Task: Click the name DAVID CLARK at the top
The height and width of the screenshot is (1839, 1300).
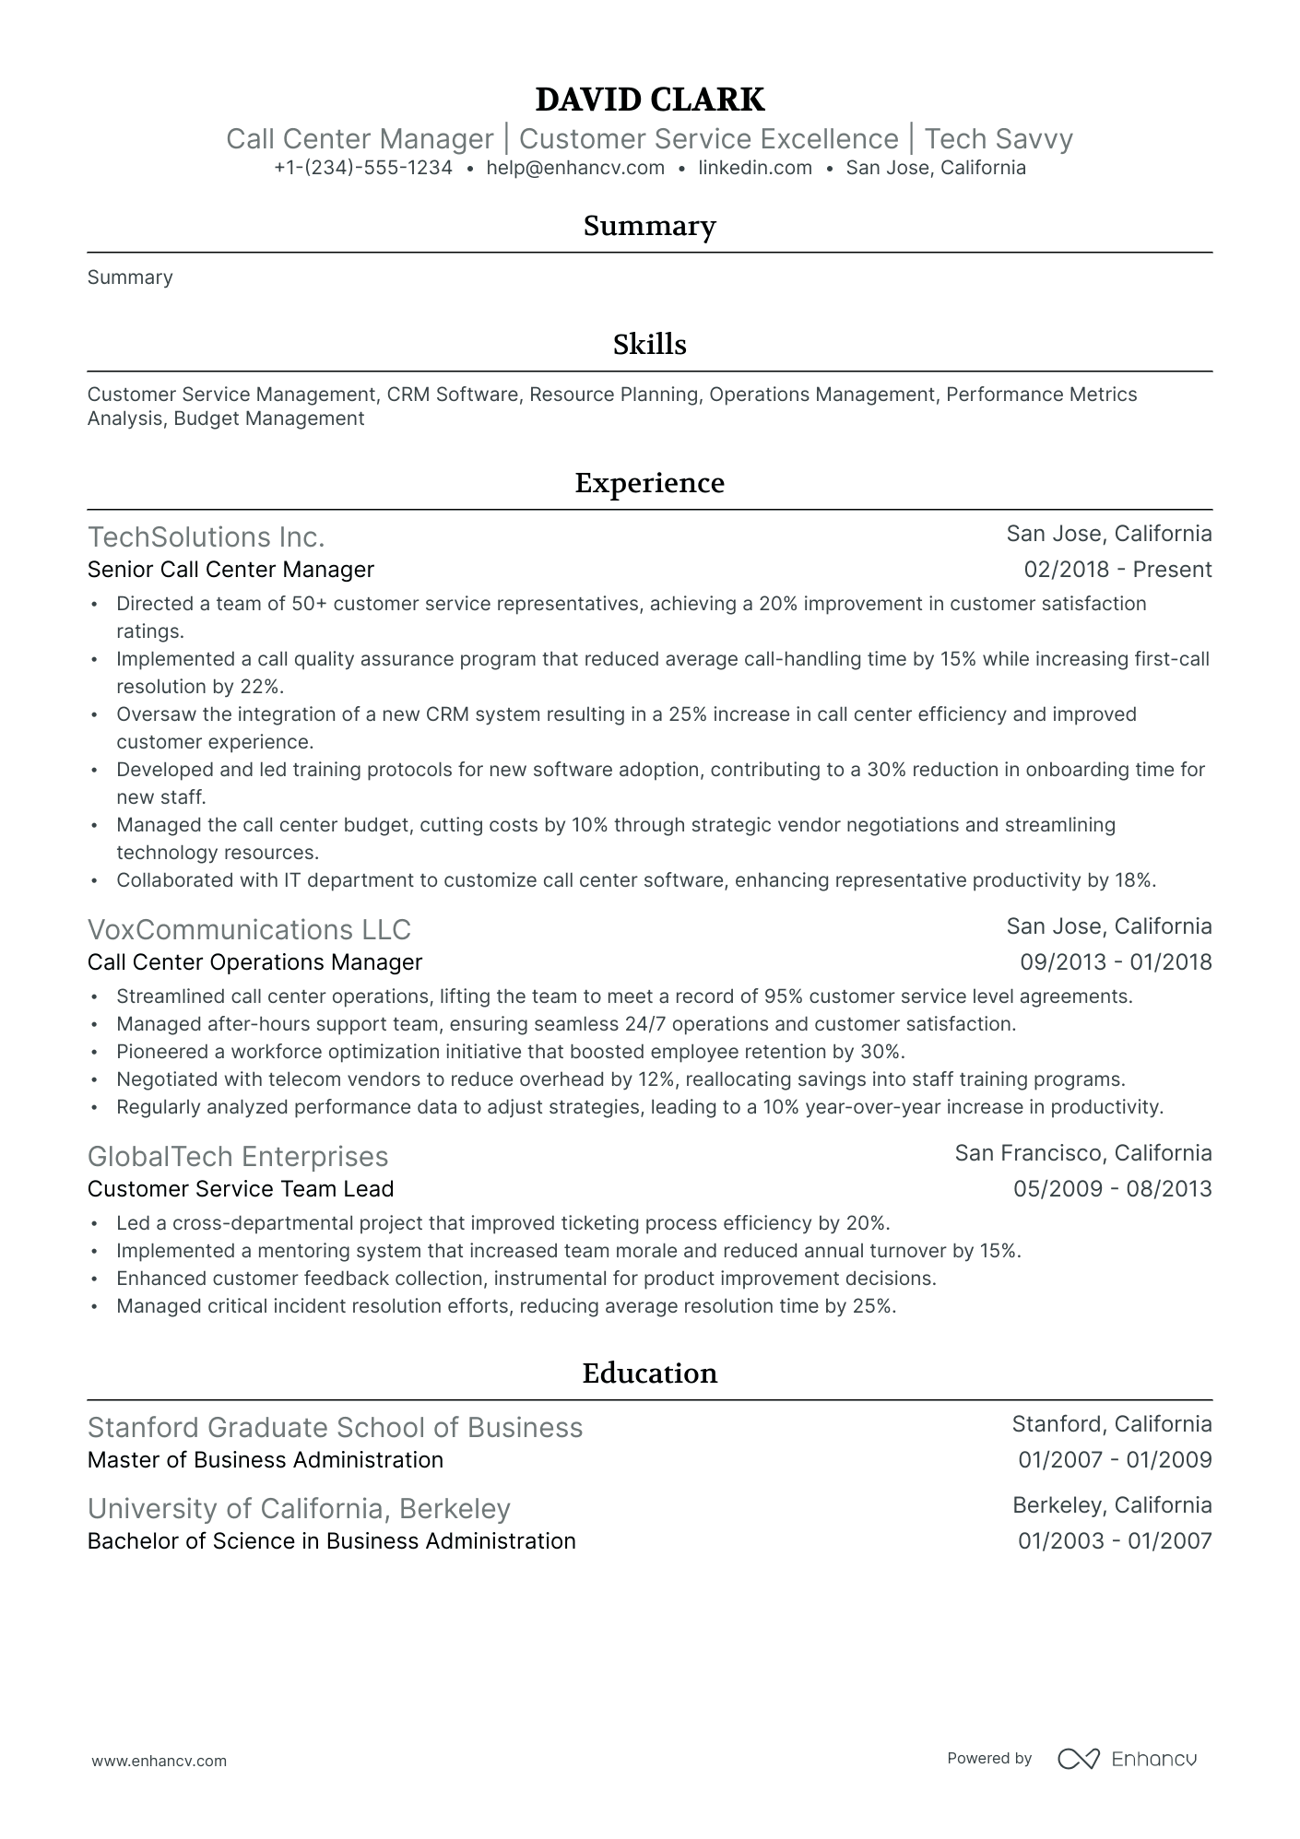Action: point(649,100)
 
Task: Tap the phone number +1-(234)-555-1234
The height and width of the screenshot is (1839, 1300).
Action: point(362,168)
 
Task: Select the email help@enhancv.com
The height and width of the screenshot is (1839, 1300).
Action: point(575,168)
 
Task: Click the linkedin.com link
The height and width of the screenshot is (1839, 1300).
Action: point(755,168)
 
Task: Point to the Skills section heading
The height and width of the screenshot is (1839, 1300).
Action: point(649,345)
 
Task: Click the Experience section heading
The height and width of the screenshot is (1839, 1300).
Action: point(649,483)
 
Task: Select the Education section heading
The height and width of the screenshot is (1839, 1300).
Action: point(649,1373)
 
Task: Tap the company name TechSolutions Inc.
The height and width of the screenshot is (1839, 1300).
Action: point(206,536)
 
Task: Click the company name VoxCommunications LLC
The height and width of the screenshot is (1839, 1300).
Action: point(249,929)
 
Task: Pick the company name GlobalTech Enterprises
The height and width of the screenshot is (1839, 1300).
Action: point(238,1156)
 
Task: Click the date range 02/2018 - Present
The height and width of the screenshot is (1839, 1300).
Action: point(1117,570)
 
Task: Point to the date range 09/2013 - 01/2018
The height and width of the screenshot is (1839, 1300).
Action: point(1116,962)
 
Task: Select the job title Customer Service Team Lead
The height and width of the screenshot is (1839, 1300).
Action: point(241,1189)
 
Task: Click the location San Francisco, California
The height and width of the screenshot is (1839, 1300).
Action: point(1082,1153)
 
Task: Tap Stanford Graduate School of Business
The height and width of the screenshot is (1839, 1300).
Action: point(335,1427)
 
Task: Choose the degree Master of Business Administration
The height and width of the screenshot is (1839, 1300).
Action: point(266,1460)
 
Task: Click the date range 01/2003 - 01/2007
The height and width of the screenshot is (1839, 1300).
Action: point(1115,1541)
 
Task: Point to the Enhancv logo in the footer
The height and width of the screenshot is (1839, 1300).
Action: point(1127,1759)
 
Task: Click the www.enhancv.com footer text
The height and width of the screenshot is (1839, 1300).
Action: point(159,1761)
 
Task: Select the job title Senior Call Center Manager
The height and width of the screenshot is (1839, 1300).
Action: point(230,570)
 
